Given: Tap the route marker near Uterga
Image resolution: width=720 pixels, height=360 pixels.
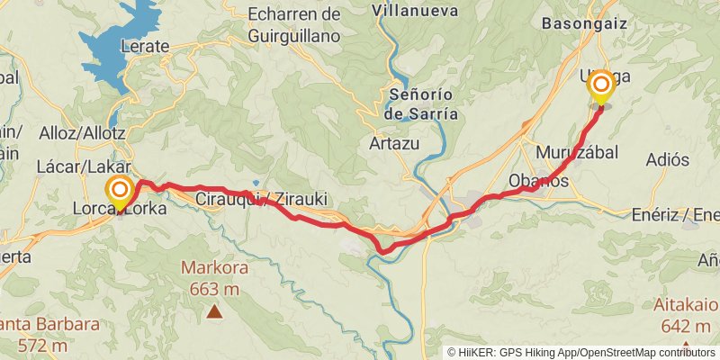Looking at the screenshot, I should click(600, 87).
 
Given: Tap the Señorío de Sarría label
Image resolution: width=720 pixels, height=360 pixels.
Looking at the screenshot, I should click(421, 103).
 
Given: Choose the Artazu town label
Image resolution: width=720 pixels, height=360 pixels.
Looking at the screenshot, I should click(391, 142).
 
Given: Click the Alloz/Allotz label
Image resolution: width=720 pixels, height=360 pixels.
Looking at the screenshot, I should click(82, 133).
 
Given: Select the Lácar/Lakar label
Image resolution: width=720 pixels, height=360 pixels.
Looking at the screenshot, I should click(85, 167).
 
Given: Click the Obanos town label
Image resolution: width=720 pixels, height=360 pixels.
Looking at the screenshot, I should click(538, 180).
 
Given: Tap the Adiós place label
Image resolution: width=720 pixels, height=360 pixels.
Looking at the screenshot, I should click(668, 159).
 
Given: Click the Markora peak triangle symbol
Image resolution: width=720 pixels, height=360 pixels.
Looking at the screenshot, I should click(214, 311).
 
